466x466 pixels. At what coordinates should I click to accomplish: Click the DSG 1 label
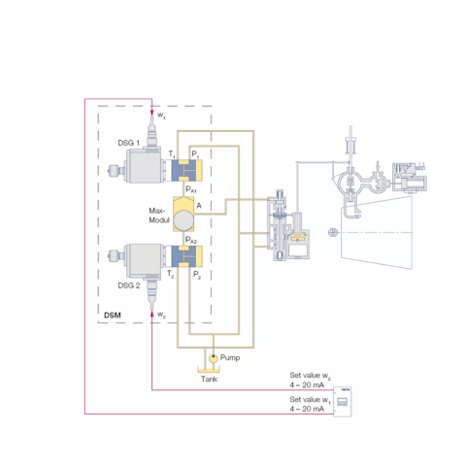point(129,143)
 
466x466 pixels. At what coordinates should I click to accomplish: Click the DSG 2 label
point(129,285)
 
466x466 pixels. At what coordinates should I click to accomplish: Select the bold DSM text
point(113,316)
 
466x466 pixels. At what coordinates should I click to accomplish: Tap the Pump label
point(230,358)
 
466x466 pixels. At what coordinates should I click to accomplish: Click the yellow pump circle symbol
point(214,358)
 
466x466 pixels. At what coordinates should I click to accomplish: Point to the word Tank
point(209,379)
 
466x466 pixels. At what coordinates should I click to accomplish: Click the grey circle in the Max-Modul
point(183,220)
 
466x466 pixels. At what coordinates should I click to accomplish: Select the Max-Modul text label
point(159,216)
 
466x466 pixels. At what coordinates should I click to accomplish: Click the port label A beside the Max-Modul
point(199,206)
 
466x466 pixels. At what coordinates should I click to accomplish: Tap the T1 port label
point(172,154)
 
